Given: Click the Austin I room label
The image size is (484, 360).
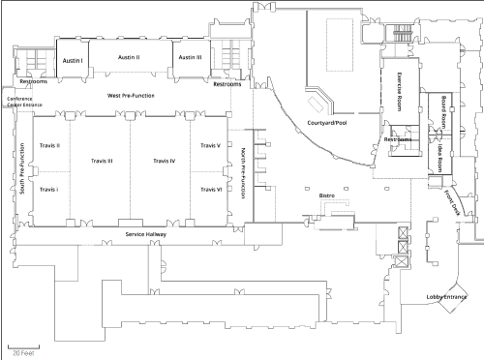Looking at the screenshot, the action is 73,61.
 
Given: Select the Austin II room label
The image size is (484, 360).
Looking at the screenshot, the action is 129,57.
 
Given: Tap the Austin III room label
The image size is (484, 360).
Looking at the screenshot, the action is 190,57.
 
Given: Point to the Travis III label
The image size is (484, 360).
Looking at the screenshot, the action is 102,161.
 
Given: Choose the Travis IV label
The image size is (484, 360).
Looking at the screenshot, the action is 165,161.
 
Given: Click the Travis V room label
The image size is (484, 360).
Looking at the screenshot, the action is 210,145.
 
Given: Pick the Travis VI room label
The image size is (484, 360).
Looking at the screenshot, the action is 211,190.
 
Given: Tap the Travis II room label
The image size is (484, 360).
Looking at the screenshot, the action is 49,145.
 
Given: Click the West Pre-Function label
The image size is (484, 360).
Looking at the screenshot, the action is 131,96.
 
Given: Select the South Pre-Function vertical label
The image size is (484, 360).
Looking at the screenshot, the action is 22,168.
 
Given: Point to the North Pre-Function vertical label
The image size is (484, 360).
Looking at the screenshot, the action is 244,173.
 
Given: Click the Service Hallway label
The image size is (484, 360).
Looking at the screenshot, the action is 146,234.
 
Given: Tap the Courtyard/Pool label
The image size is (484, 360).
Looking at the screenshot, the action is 327,123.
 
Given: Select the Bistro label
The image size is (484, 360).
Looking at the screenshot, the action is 327,195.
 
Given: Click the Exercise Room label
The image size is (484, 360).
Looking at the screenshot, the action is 399,92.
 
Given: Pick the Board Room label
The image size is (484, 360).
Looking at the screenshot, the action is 443,111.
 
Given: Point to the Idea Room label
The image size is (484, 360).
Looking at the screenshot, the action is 439,158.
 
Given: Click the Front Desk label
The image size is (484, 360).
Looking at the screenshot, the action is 452,203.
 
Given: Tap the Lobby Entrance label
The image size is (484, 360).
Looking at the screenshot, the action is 446,297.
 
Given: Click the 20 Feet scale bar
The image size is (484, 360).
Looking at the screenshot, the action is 23,347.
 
